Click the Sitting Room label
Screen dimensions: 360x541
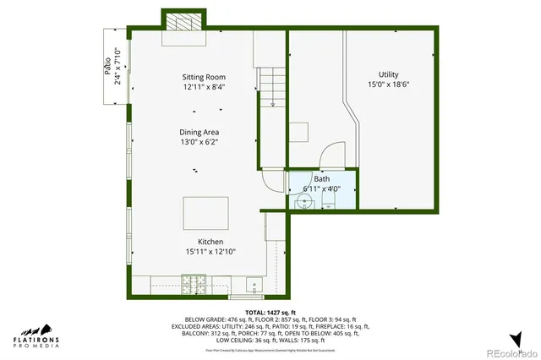click(204, 77)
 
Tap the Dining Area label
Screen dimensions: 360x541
click(199, 133)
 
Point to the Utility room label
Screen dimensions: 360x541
click(388, 74)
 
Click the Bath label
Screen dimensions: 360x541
click(322, 179)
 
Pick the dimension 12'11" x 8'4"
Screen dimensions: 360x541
click(204, 87)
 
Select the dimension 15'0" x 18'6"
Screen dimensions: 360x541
click(388, 85)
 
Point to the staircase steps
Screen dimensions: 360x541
click(272, 90)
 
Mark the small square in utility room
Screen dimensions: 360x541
click(300, 133)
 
